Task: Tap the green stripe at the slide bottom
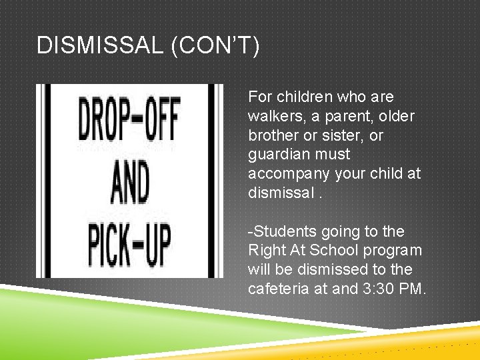(133, 313)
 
